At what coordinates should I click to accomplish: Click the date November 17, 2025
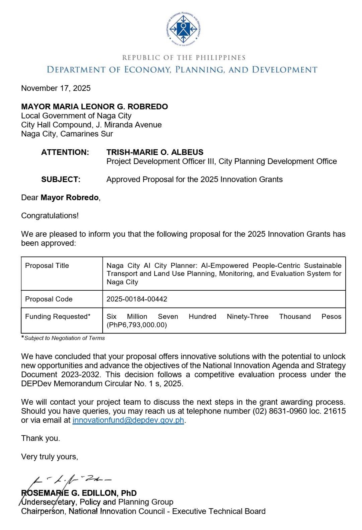(56, 88)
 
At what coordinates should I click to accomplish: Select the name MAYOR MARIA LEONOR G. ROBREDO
(94, 107)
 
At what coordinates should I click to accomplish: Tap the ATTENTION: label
(65, 152)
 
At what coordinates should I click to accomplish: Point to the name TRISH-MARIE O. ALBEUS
(155, 152)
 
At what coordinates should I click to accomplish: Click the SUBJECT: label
(61, 180)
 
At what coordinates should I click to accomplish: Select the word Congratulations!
(50, 216)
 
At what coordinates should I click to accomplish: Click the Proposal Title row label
(47, 266)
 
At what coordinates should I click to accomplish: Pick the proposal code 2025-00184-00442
(137, 299)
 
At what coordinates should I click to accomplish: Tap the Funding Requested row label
(58, 317)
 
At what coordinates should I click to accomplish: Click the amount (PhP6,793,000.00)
(137, 325)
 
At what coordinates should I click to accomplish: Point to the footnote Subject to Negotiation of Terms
(65, 338)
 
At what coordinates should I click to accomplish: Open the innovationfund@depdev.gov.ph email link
(128, 420)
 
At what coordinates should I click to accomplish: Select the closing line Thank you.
(40, 438)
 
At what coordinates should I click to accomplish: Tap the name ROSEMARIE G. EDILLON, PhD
(79, 493)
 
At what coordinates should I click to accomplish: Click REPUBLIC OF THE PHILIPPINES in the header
(184, 58)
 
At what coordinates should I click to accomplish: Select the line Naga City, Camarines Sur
(67, 134)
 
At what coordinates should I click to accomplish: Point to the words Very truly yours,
(49, 457)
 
